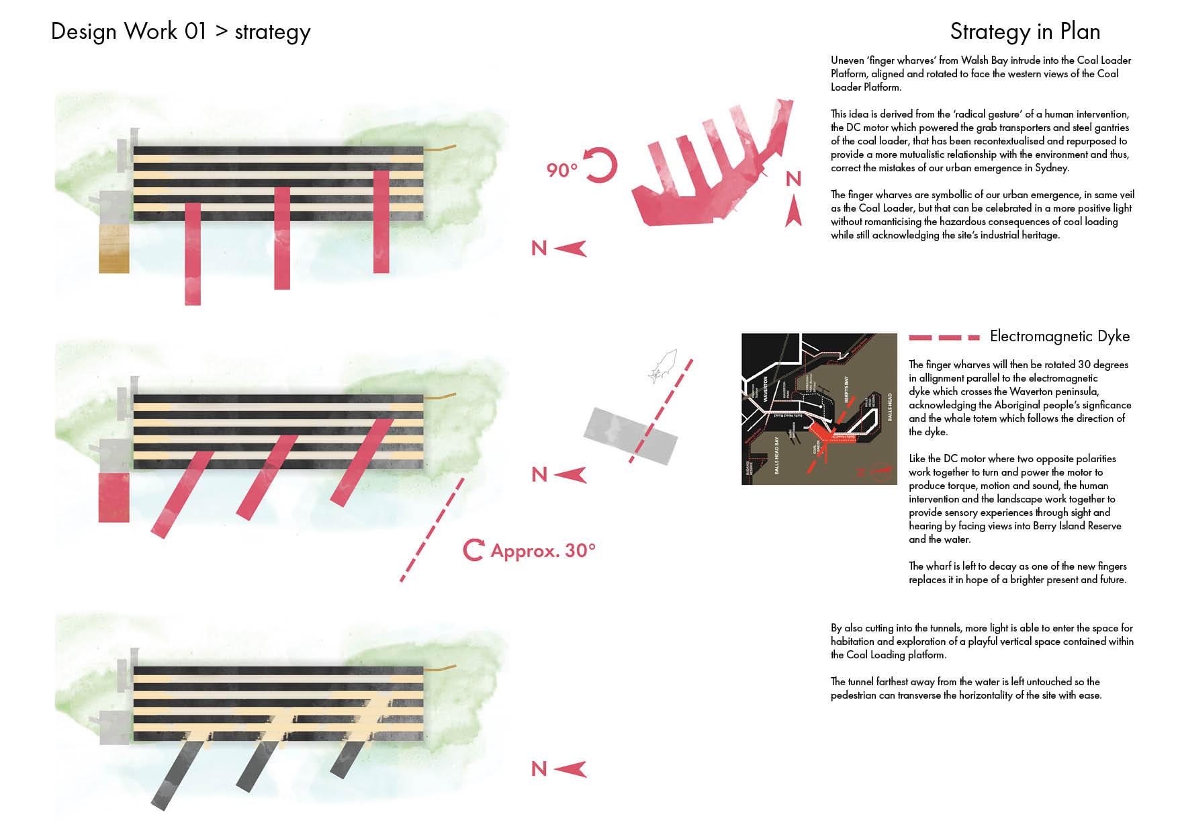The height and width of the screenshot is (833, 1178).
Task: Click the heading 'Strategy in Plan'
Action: (x=1024, y=32)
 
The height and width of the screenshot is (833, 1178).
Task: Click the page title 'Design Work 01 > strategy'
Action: (x=181, y=32)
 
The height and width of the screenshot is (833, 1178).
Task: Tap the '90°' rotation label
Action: (x=562, y=170)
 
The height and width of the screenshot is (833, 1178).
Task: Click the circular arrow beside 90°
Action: (x=601, y=165)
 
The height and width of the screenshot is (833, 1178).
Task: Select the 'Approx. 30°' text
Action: (x=543, y=551)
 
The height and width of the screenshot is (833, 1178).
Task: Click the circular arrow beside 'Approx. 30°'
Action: (x=473, y=550)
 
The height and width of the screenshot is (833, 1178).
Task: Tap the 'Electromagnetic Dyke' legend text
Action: (x=1060, y=337)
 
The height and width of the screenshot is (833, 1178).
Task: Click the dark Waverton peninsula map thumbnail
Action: (x=819, y=408)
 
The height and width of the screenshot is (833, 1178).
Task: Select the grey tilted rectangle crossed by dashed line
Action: (x=630, y=435)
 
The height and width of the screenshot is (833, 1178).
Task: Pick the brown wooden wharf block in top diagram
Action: (x=114, y=249)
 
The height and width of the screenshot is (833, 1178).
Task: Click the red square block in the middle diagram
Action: (x=114, y=497)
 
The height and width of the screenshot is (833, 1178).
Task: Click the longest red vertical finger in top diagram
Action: (x=192, y=254)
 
